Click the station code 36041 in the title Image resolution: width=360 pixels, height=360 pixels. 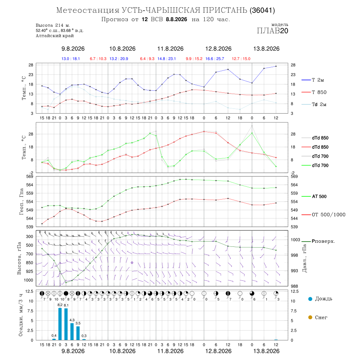[x=262, y=10]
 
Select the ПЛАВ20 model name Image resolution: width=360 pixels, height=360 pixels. [x=272, y=31]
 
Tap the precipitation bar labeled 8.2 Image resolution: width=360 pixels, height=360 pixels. [x=60, y=324]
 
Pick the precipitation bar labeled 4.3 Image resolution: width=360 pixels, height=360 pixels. [x=72, y=332]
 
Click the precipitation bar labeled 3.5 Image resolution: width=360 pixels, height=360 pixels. [x=78, y=333]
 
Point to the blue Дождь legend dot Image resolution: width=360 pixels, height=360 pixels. [x=310, y=299]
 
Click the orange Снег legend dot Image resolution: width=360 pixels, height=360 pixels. [x=310, y=317]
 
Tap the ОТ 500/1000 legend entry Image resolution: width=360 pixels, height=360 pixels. [x=324, y=215]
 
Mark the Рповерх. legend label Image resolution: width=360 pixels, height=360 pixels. [x=323, y=241]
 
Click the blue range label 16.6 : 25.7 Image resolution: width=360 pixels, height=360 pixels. [x=215, y=59]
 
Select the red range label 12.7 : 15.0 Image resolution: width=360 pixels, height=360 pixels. [x=241, y=59]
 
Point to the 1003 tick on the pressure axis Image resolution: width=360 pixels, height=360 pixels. [x=296, y=240]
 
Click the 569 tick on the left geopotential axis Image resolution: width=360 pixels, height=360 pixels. [x=30, y=176]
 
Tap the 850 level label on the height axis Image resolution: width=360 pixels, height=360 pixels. [x=29, y=263]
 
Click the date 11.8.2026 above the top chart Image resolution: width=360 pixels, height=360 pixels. [x=170, y=49]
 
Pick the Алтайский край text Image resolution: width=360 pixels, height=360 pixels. [x=55, y=36]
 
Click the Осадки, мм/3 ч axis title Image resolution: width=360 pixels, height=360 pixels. [x=21, y=315]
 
